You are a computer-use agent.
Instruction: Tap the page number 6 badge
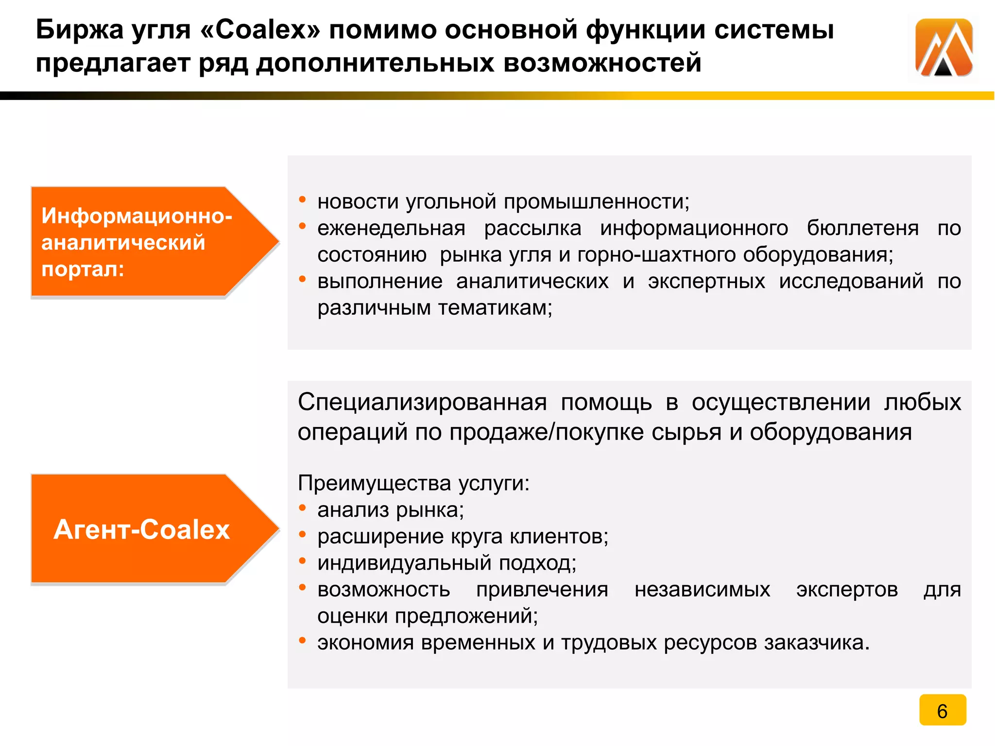click(943, 710)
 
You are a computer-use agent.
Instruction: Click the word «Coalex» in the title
click(260, 30)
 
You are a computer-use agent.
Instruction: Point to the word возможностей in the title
click(602, 64)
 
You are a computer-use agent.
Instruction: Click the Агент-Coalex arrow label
click(141, 529)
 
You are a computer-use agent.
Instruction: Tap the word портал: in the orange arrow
click(83, 269)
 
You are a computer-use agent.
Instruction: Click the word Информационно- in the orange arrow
click(137, 216)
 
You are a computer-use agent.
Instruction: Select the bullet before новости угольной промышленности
click(302, 200)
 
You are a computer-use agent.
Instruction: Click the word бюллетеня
click(862, 228)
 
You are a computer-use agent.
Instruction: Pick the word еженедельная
click(391, 228)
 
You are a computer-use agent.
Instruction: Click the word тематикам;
click(495, 308)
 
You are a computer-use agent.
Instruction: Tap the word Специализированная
click(422, 402)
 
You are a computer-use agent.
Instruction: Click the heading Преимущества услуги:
click(413, 483)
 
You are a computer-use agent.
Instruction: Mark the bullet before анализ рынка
click(302, 508)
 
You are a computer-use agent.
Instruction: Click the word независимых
click(702, 590)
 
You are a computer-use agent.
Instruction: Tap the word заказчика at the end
click(816, 643)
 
